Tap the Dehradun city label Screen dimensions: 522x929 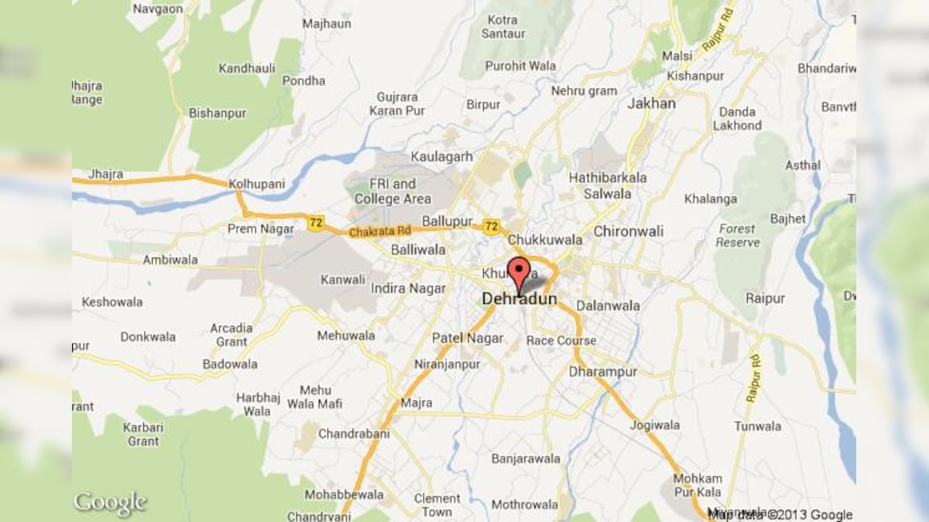tap(519, 299)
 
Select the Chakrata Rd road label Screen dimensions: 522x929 tap(380, 230)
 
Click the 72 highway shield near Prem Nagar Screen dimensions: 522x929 tap(314, 223)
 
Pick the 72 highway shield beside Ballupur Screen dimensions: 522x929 tap(491, 226)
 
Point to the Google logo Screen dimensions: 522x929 tap(110, 503)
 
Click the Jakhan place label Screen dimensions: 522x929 tap(651, 103)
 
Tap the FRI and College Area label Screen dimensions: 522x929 tap(393, 192)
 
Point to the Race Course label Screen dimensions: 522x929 tap(561, 340)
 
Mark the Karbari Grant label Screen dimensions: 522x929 tap(142, 434)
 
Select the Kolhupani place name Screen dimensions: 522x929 tap(257, 184)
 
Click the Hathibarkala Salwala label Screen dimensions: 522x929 tap(608, 186)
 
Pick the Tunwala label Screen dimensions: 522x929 tap(758, 426)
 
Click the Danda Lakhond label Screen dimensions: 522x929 tap(737, 118)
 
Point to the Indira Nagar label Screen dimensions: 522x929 tap(409, 288)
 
